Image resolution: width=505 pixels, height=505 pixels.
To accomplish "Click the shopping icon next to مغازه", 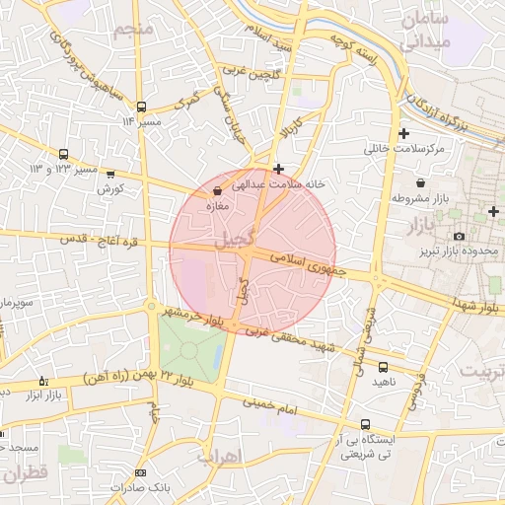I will [217, 189].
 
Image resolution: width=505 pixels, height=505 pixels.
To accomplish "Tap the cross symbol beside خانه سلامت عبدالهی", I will [279, 169].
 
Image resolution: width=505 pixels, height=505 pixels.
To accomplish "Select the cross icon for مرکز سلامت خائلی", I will [402, 133].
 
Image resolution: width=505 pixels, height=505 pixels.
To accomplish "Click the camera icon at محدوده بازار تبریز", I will [459, 237].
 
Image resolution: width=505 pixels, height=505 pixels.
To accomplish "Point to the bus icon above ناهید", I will [383, 367].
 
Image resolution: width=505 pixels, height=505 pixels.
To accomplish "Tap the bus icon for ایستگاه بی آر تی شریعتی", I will [366, 424].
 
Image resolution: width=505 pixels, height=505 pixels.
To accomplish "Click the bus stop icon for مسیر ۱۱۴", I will [141, 107].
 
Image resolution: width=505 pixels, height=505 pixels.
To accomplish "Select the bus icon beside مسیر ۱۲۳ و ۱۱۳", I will [64, 155].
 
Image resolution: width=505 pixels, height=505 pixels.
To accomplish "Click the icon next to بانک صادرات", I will [140, 473].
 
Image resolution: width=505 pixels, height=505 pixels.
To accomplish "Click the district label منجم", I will [134, 30].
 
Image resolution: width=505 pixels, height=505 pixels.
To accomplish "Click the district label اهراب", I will [218, 457].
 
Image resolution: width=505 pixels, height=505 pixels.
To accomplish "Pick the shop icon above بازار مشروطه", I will [422, 182].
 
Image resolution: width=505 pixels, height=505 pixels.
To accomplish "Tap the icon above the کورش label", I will [109, 175].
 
